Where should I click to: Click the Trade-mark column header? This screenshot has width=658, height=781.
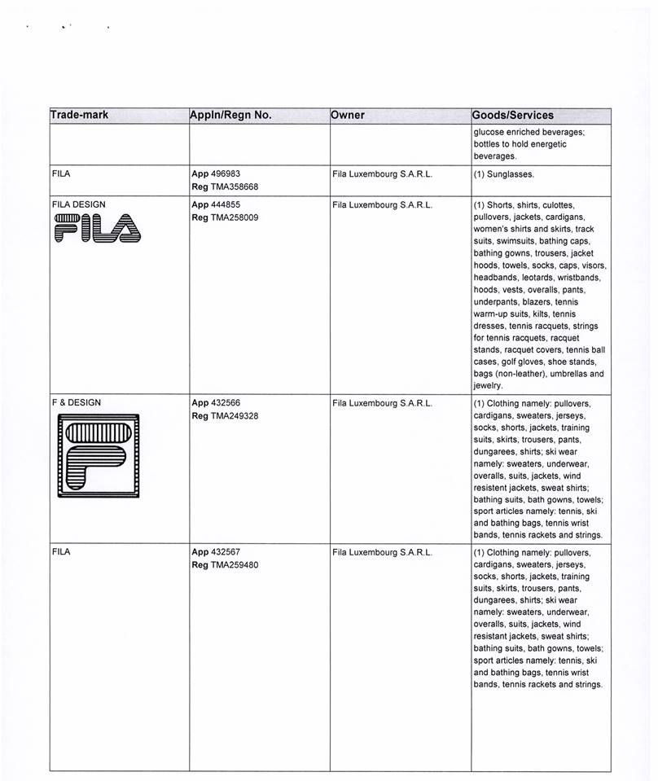(x=79, y=115)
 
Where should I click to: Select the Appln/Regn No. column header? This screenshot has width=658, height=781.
(x=230, y=115)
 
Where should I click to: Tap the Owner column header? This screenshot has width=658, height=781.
(x=348, y=115)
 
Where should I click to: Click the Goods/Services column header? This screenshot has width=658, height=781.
(x=513, y=115)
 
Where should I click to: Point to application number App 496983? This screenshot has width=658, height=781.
(x=216, y=173)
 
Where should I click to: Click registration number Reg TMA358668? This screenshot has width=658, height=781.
(x=225, y=186)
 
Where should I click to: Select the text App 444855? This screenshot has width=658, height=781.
(x=216, y=204)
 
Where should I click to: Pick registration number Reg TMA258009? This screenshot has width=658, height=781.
(x=225, y=217)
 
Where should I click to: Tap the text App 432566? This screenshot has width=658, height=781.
(x=216, y=402)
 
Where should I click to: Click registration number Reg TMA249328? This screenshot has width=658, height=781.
(x=225, y=415)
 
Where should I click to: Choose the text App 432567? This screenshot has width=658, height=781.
(x=216, y=551)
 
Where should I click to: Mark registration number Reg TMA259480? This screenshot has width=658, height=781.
(x=225, y=564)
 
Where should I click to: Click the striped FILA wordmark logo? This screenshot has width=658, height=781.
(x=96, y=228)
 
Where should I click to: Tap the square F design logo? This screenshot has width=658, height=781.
(x=97, y=457)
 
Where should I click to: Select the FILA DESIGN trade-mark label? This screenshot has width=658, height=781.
(x=78, y=204)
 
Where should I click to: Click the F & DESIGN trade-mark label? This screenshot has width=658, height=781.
(x=77, y=402)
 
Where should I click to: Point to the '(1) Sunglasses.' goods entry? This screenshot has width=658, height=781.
(x=505, y=174)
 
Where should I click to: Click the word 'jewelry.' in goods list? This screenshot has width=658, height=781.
(x=488, y=385)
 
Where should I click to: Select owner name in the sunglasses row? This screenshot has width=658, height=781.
(x=382, y=174)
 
